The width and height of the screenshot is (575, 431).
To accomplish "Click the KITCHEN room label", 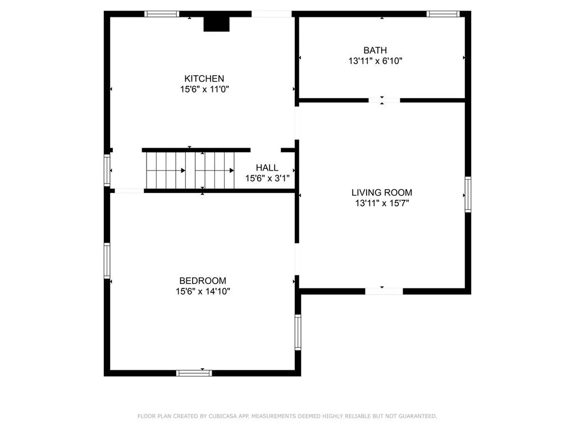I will coord(204,79).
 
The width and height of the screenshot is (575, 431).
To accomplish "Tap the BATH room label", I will coord(375,51).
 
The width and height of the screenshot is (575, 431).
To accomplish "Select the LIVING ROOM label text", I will coord(382,192).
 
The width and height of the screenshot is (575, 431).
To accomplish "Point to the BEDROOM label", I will coord(203,281).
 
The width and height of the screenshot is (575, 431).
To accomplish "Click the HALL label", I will coord(267,168).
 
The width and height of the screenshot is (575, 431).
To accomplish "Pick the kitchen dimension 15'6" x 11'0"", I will coord(204,89).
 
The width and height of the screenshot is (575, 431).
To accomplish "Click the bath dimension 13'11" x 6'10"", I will coord(375,61).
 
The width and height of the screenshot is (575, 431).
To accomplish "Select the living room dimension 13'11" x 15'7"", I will coord(382,203).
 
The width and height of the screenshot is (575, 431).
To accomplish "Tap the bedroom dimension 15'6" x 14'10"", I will coord(203,291).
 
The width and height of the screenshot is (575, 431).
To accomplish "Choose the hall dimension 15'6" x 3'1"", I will coord(267,178).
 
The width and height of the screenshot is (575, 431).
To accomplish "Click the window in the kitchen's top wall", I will coord(162,14).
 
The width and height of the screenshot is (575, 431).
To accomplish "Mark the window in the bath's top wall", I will coord(443,14).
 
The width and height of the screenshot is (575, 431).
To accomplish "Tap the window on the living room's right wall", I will coord(468,195).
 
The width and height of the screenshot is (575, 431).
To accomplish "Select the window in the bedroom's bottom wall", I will coord(194,373).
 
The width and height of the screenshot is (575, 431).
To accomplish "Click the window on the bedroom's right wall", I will coord(298,332).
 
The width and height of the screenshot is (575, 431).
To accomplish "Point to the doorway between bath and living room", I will coord(384,100).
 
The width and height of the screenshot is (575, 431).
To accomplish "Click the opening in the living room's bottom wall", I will coord(384,291).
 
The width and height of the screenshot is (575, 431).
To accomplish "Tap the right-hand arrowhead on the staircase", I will coord(231,170).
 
